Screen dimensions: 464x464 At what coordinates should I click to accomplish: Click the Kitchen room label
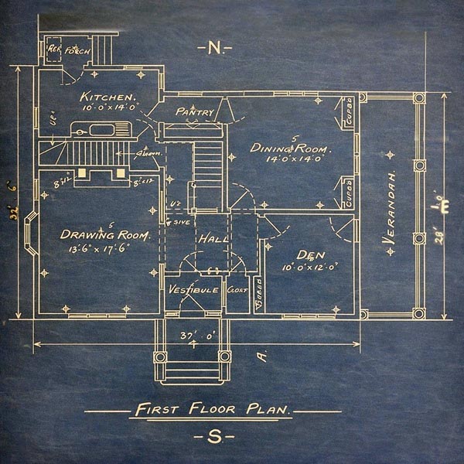point(109,97)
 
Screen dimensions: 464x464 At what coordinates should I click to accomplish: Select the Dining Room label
point(291,148)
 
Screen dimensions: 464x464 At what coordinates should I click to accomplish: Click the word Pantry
point(194,112)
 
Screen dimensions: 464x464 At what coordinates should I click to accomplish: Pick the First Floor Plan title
point(213,410)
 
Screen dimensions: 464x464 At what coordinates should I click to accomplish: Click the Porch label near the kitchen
point(78,52)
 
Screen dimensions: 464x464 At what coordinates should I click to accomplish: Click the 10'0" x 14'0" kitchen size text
point(109,108)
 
